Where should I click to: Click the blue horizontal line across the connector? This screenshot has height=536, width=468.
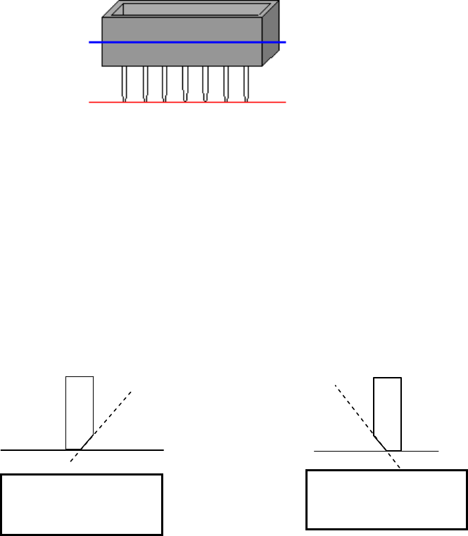tap(183, 43)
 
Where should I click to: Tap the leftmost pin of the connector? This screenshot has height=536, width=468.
tap(125, 83)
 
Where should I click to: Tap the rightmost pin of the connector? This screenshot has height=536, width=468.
tap(246, 83)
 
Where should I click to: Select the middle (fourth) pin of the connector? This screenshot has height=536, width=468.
tap(185, 83)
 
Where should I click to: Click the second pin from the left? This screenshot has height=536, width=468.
tap(145, 83)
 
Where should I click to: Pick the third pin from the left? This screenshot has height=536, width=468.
tap(165, 83)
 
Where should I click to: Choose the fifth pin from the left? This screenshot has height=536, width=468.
tap(205, 83)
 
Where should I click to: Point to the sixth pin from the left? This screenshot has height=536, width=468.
tap(226, 83)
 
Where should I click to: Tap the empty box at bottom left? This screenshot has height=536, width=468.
tap(82, 504)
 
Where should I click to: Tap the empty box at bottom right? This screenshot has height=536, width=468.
tap(386, 499)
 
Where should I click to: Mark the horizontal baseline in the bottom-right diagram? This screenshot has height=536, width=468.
tap(422, 450)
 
